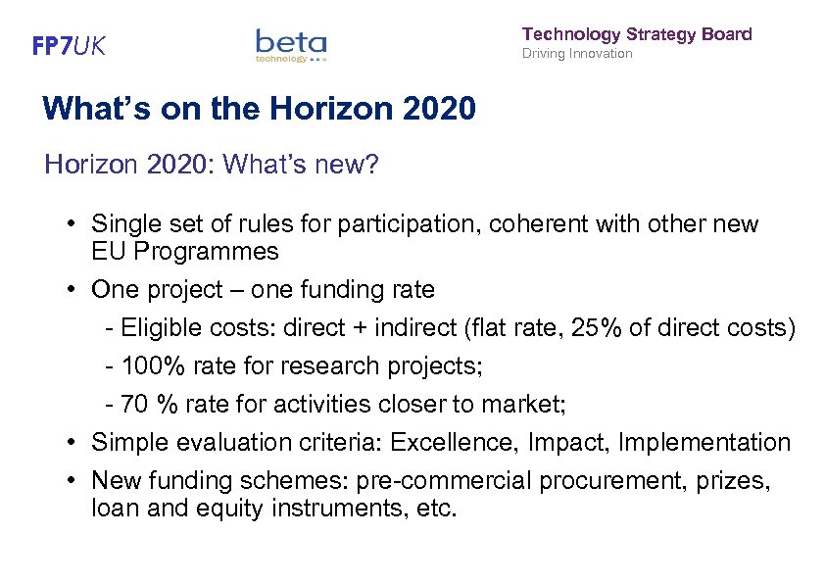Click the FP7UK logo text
[x=69, y=45]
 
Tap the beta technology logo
[x=290, y=45]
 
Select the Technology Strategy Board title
[x=637, y=34]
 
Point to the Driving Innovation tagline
[x=577, y=54]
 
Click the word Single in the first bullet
[x=122, y=224]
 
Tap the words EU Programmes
[x=184, y=251]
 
